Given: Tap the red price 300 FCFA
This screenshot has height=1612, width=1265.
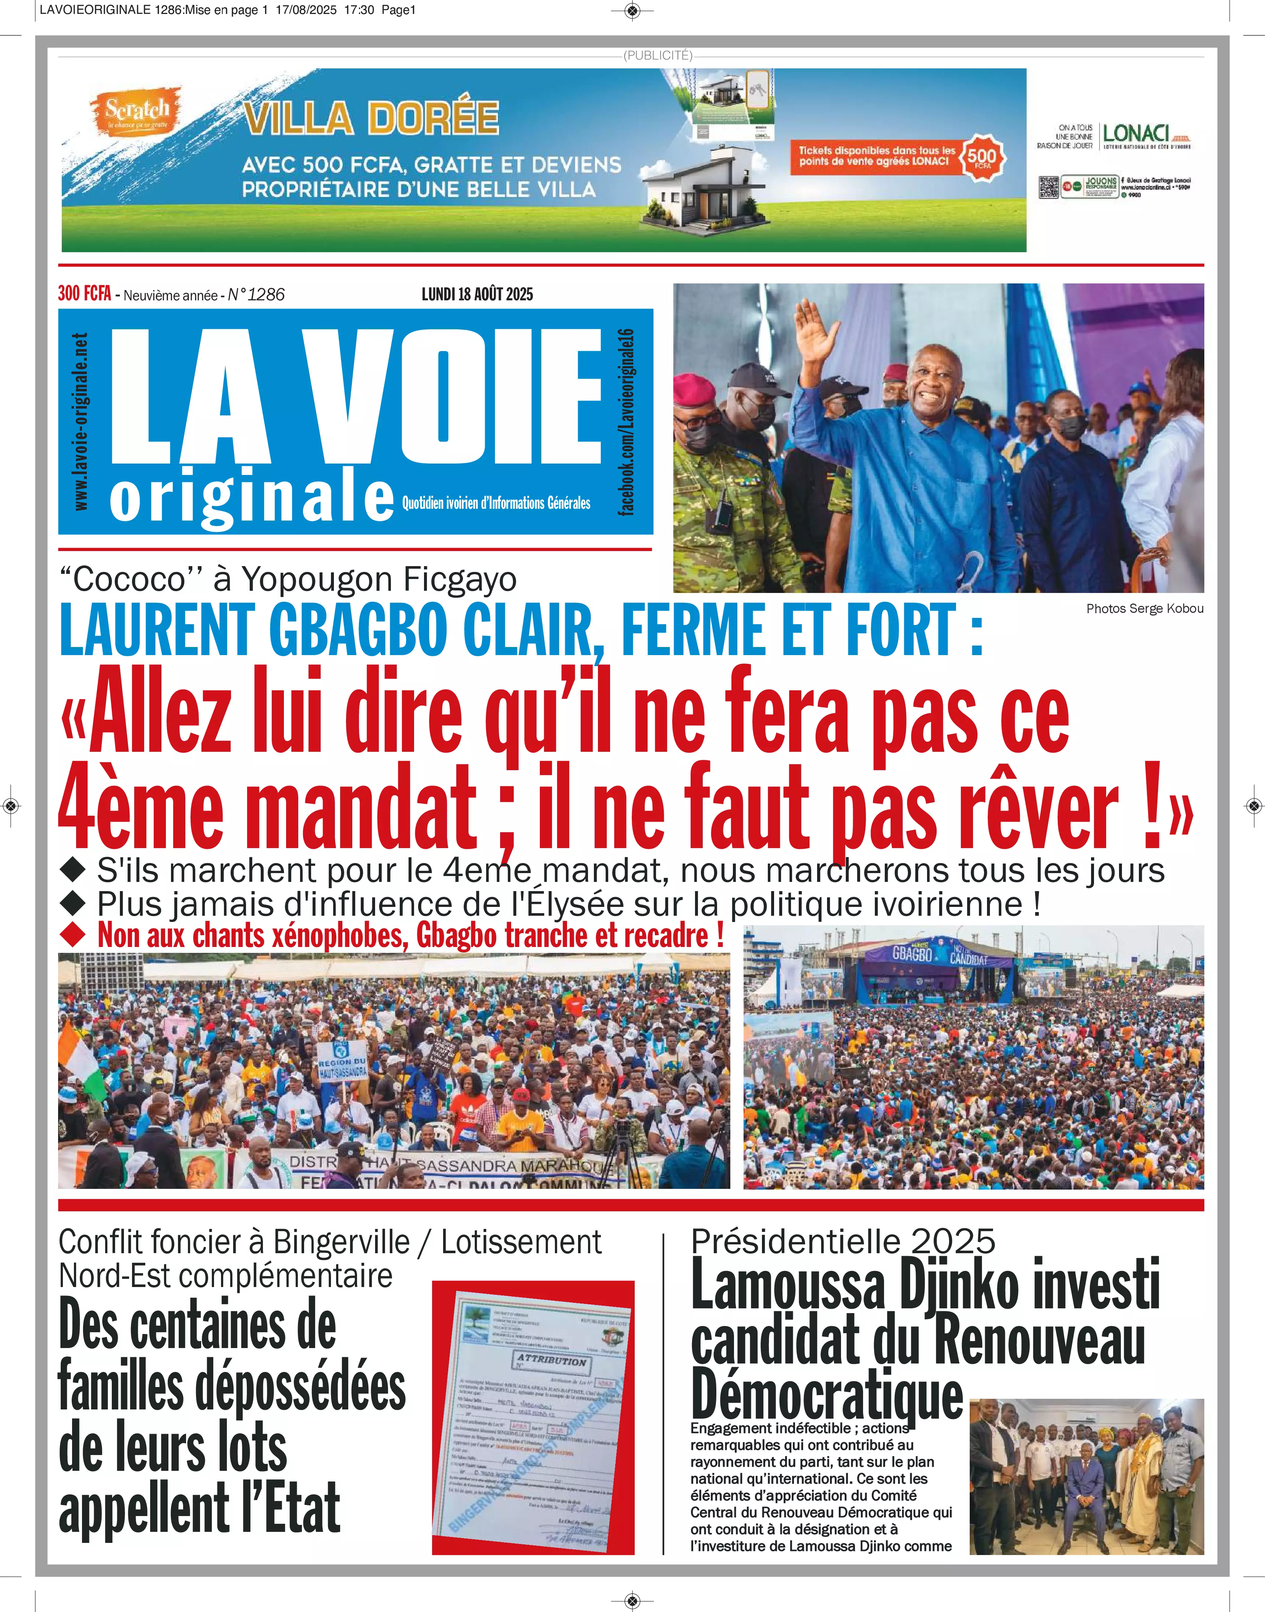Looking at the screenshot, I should (85, 294).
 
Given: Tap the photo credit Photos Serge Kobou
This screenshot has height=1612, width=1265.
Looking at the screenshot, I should (1144, 609).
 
